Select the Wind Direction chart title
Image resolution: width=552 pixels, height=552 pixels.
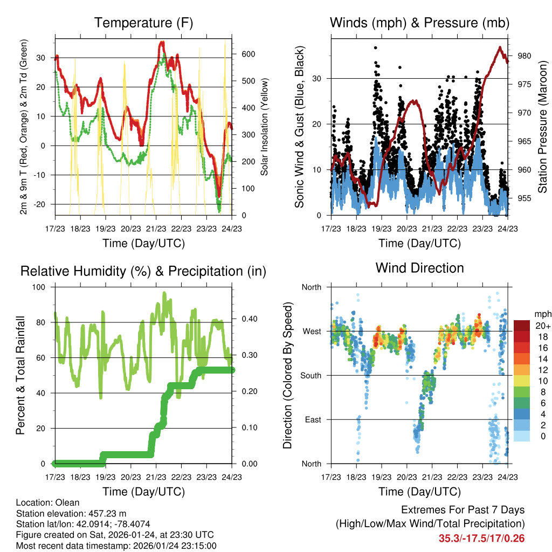pyautogui.click(x=420, y=268)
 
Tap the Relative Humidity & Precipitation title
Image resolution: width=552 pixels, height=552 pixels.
pyautogui.click(x=143, y=271)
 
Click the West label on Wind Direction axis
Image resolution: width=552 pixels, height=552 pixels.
pyautogui.click(x=311, y=331)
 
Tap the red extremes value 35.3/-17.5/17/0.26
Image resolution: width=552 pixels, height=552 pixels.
pyautogui.click(x=481, y=539)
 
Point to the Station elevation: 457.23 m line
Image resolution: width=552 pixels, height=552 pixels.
pyautogui.click(x=71, y=513)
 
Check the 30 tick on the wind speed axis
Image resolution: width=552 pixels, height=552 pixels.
pyautogui.click(x=318, y=78)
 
